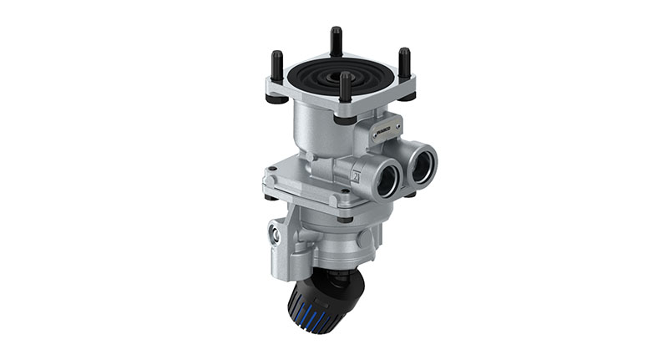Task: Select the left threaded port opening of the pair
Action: (x=385, y=178)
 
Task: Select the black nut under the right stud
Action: (x=407, y=95)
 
